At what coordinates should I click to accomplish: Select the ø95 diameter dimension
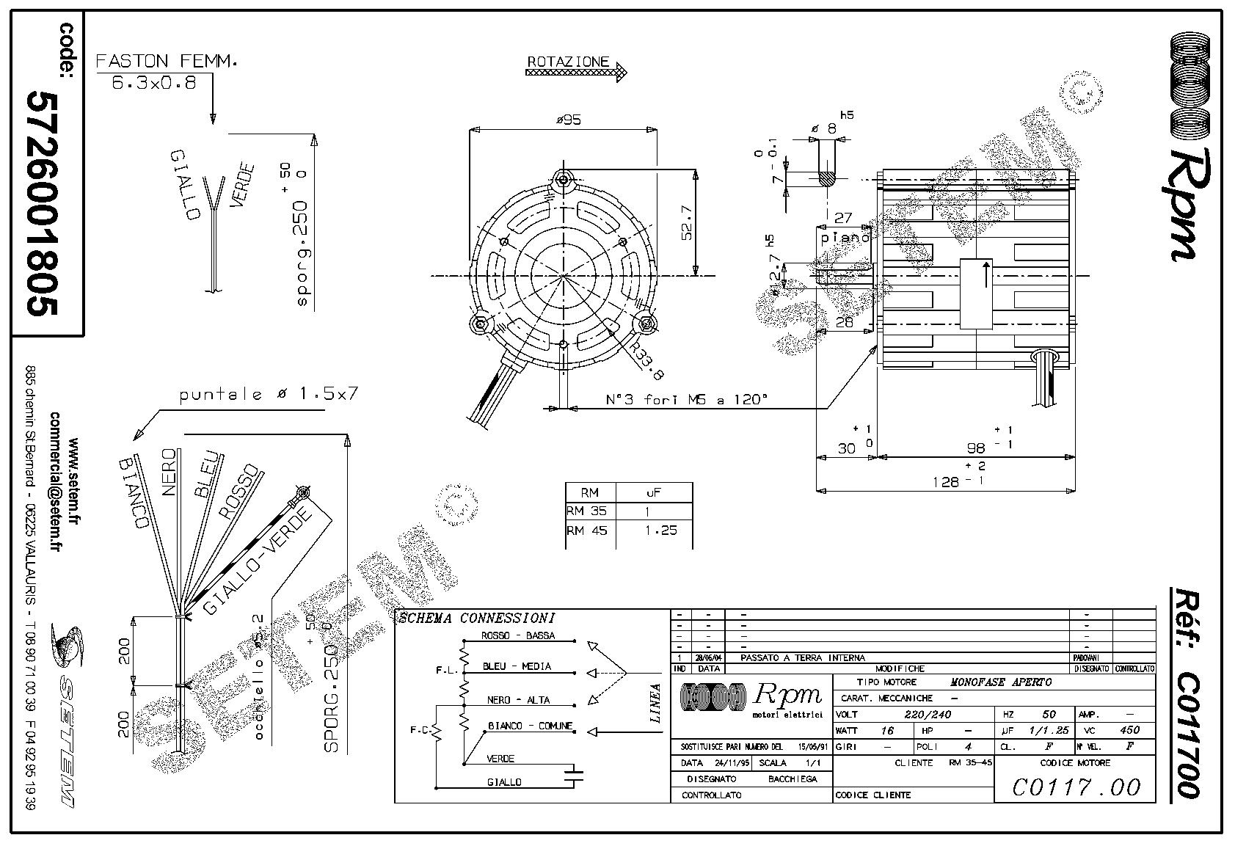click(568, 120)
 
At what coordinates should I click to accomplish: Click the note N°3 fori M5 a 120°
click(687, 400)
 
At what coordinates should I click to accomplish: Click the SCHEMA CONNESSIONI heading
click(476, 619)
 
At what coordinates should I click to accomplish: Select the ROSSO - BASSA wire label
click(517, 635)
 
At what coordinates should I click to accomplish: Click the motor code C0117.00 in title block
click(1076, 787)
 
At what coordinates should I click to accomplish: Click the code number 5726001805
click(42, 203)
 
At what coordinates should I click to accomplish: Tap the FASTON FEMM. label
click(167, 61)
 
